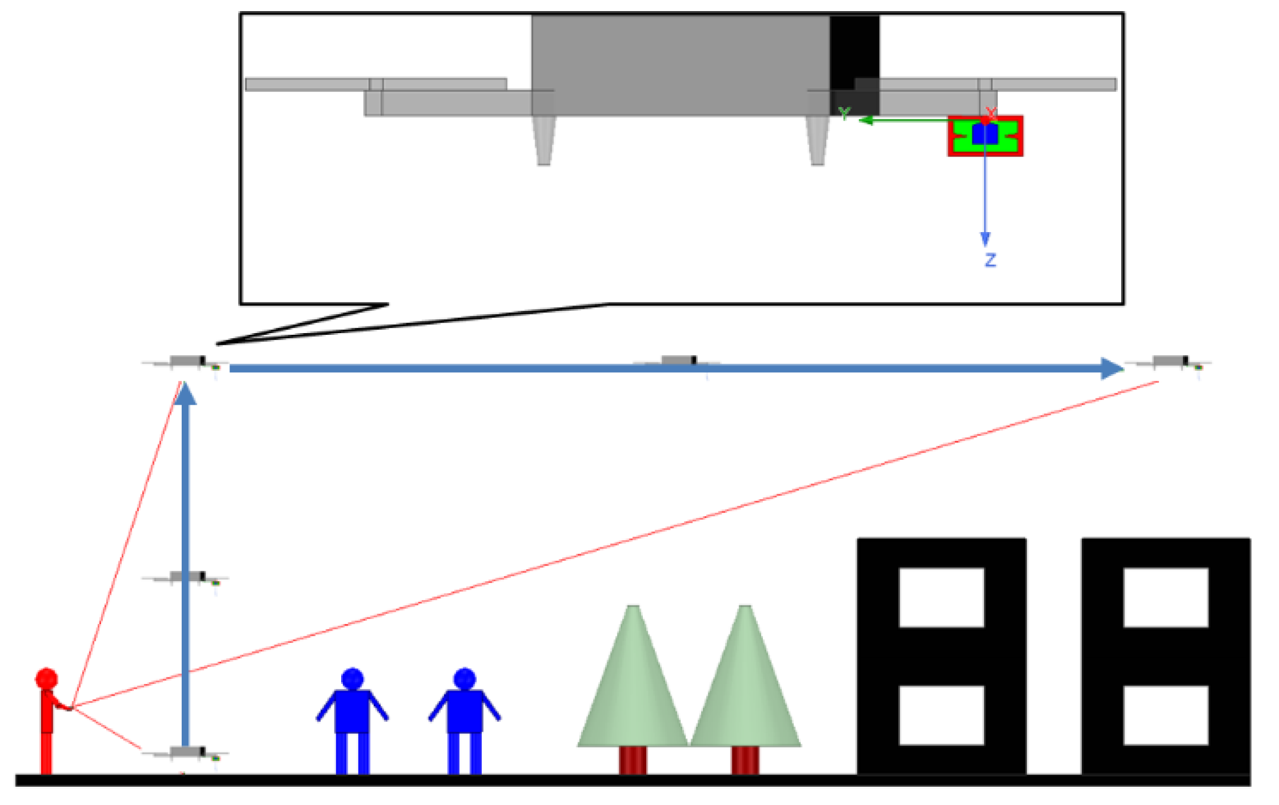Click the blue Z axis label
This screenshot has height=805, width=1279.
coord(990,260)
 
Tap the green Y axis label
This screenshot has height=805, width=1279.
coord(844,114)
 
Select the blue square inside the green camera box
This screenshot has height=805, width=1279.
coord(985,134)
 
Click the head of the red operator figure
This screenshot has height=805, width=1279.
coord(47,678)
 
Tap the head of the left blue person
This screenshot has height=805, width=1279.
coord(352,678)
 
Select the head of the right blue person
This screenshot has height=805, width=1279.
coord(464,678)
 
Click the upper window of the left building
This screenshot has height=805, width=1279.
coord(941,597)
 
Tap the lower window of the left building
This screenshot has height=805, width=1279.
coord(941,715)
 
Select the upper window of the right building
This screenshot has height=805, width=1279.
coord(1166,597)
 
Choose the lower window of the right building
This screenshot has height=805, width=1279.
coord(1166,715)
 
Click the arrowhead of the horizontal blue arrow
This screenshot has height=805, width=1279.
coord(1111,369)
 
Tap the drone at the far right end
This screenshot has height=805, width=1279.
coord(1170,361)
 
